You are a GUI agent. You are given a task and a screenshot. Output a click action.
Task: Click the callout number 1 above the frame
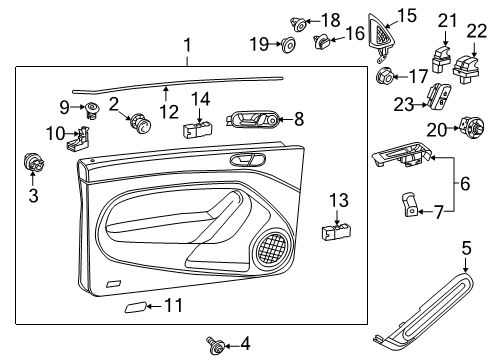[x=188, y=45]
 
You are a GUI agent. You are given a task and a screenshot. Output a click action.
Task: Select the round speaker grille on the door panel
[x=273, y=248]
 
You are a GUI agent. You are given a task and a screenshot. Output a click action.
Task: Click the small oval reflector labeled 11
[x=135, y=307]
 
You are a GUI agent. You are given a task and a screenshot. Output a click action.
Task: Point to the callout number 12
[x=169, y=112]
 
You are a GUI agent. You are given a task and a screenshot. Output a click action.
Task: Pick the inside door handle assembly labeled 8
[x=254, y=118]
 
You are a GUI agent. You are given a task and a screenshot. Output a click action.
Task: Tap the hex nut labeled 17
[x=385, y=76]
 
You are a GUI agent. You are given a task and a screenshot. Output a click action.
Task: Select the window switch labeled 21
[x=442, y=59]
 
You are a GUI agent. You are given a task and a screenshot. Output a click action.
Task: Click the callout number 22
[x=476, y=32]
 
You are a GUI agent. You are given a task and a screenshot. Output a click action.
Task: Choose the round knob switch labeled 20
[x=471, y=128]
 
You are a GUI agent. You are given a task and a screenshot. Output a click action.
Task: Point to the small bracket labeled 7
[x=410, y=204]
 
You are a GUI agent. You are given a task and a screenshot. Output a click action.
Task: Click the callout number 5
[x=466, y=249]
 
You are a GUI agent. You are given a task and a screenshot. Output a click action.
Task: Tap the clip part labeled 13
[x=336, y=231]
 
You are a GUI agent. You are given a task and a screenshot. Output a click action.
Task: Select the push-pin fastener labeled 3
[x=33, y=162]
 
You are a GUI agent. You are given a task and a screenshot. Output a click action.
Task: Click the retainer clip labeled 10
[x=80, y=138]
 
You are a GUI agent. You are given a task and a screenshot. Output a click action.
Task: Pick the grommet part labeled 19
[x=288, y=44]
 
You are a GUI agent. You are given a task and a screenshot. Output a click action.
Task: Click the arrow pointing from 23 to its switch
[x=421, y=105]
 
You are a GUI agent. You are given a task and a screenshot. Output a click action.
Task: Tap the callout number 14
[x=200, y=99]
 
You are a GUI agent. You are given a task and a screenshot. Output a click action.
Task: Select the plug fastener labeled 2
[x=140, y=124]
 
